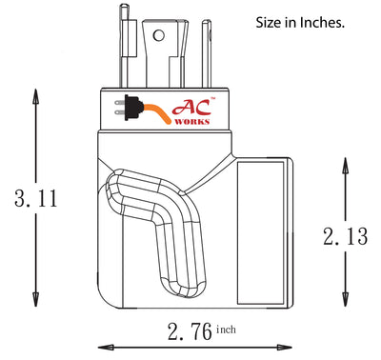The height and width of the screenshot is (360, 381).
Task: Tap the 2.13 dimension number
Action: pyautogui.click(x=344, y=237)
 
